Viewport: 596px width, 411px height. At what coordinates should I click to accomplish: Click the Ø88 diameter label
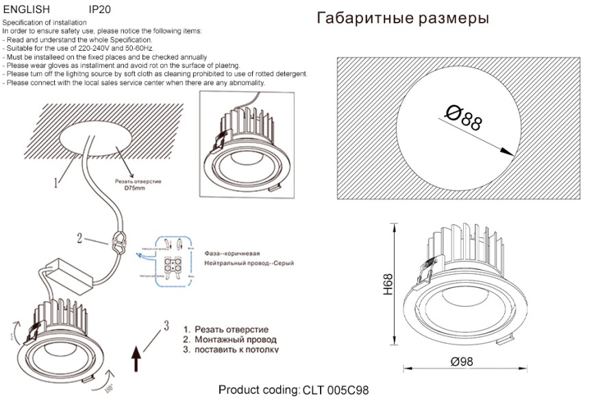point(464,118)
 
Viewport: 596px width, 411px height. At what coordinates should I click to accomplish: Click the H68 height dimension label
point(388,284)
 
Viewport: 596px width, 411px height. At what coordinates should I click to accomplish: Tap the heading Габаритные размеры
point(403,18)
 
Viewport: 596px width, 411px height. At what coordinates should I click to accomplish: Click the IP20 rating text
point(100,10)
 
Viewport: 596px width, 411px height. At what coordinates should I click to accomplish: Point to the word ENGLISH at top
point(27,10)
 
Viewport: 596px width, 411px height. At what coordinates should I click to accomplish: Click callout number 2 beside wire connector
point(79,238)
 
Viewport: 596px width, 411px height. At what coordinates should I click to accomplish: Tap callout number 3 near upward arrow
point(165,324)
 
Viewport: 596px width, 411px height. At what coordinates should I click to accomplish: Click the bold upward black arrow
point(136,357)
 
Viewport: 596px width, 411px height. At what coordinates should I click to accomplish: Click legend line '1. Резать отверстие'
point(225,329)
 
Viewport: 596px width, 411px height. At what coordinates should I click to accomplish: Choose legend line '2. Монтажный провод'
point(229,340)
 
